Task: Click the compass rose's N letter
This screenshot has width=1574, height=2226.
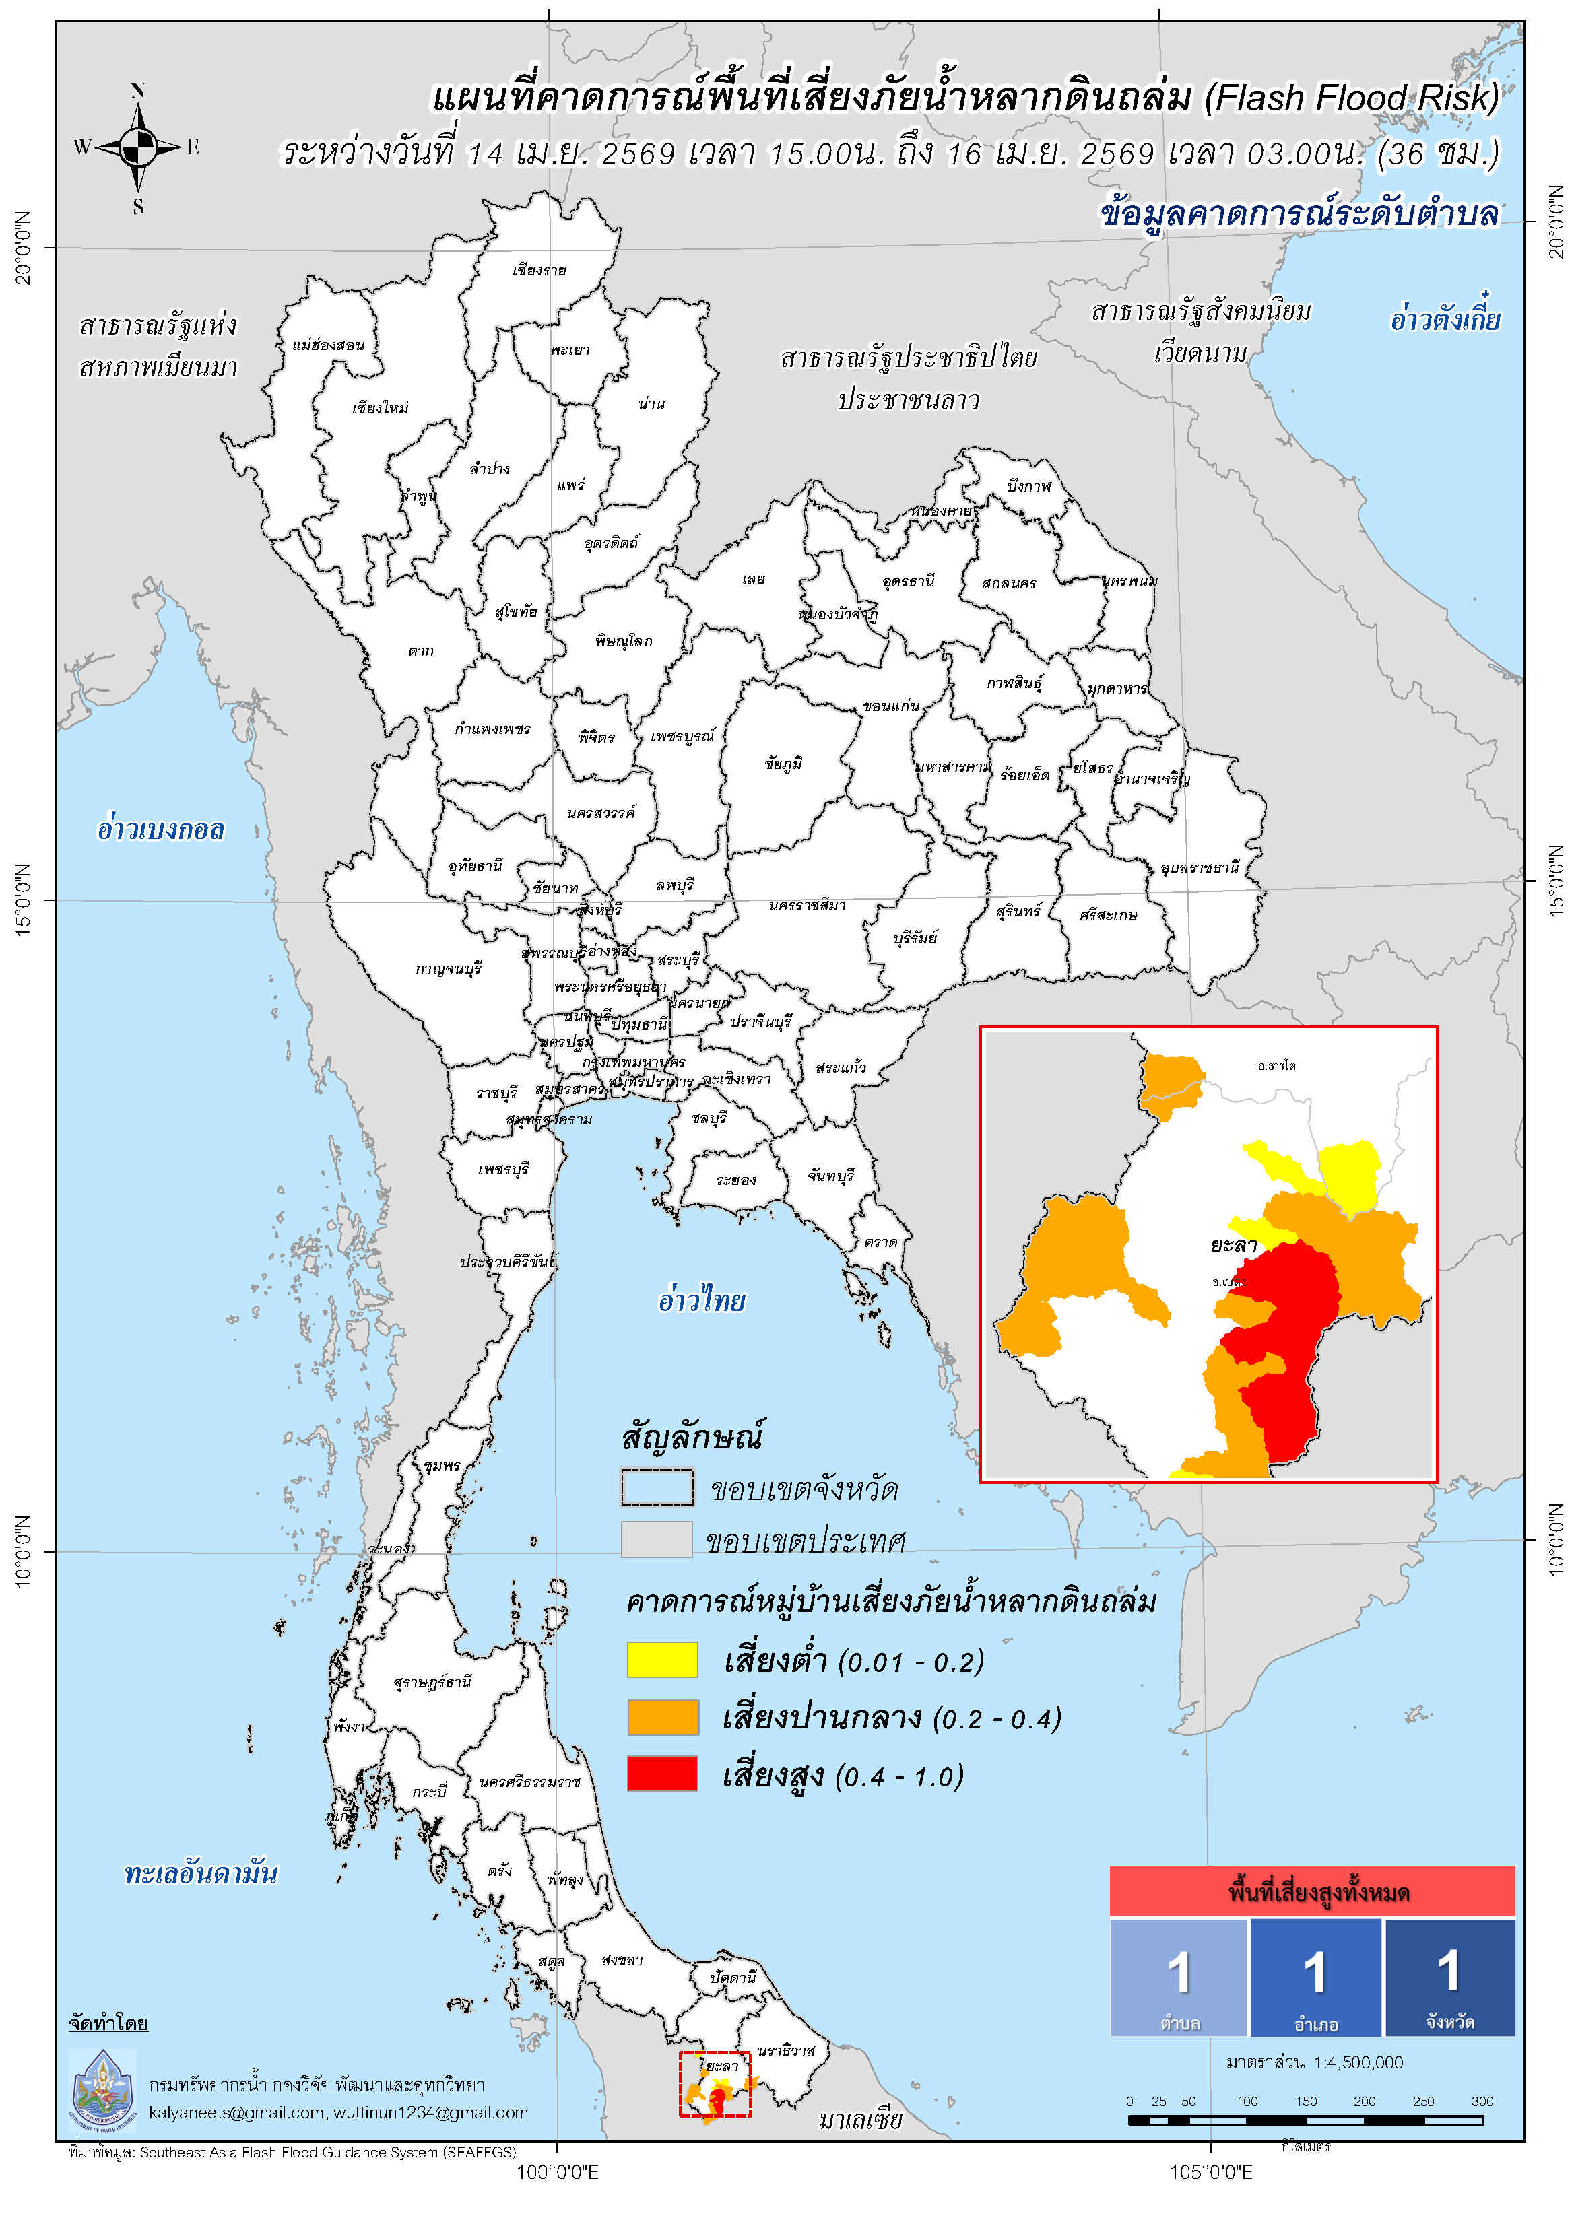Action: click(x=137, y=91)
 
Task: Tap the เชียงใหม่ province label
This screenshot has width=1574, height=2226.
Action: click(x=380, y=408)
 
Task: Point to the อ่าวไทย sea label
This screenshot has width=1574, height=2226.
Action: click(x=701, y=1300)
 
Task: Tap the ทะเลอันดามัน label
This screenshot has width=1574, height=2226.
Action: click(x=201, y=1873)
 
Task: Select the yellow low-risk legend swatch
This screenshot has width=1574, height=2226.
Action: click(x=662, y=1659)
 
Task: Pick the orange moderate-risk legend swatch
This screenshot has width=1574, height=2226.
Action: click(x=662, y=1717)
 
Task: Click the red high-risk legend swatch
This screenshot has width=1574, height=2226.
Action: click(x=662, y=1774)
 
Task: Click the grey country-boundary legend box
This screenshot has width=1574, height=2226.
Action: click(x=657, y=1540)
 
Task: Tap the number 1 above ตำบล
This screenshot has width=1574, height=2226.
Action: click(x=1179, y=1973)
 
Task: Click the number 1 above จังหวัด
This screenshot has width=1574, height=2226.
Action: click(x=1448, y=1971)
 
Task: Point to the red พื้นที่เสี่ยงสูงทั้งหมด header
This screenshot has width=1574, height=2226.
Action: click(x=1311, y=1891)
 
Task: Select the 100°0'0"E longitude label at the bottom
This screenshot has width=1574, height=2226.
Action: click(x=557, y=2171)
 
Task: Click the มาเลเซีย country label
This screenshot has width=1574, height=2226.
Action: click(x=859, y=2120)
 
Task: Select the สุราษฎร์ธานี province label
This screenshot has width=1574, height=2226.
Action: click(x=432, y=1682)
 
